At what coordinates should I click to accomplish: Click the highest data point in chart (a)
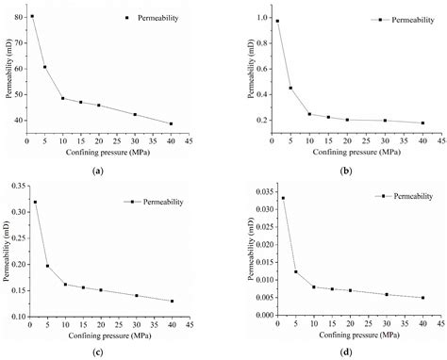click(32, 16)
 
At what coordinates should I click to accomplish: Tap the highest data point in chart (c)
click(35, 202)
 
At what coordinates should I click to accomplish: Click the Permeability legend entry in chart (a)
click(143, 18)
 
